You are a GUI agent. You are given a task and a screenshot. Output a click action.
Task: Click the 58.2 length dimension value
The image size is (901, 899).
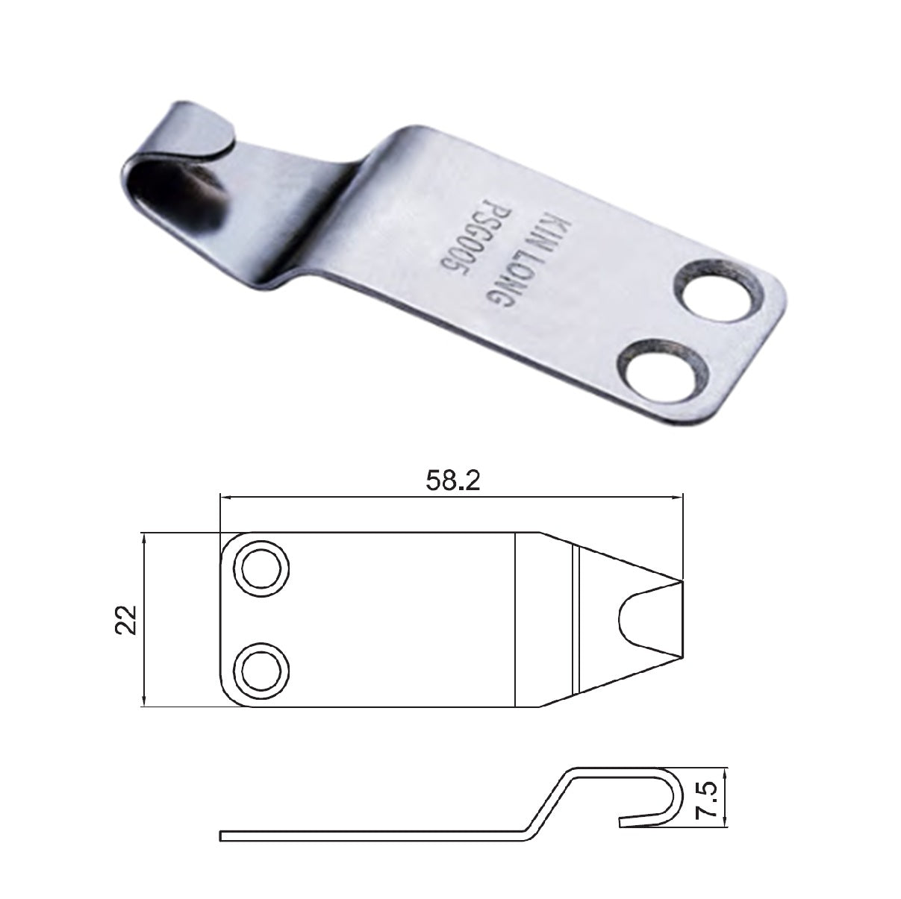coord(452,482)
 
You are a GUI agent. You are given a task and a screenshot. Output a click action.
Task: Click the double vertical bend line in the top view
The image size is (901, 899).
coord(576,619)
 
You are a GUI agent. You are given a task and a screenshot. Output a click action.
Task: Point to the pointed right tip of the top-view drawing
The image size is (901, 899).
coord(681,582)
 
